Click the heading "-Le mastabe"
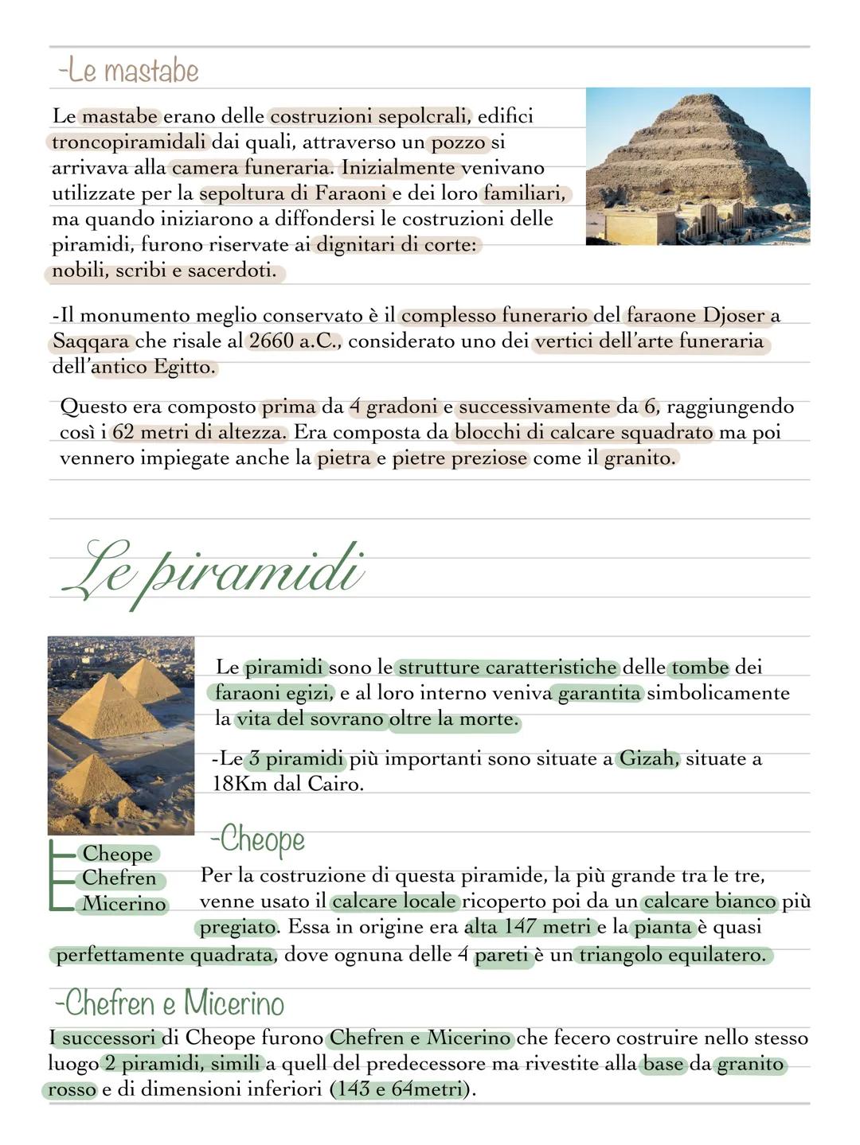[127, 71]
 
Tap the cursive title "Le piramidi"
[213, 572]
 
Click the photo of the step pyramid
[698, 166]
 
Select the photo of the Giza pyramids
[121, 734]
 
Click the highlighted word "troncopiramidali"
[129, 142]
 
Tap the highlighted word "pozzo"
[458, 142]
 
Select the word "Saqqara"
[91, 341]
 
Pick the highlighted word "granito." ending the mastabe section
[640, 458]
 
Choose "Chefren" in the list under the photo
[119, 878]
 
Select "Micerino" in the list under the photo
[124, 904]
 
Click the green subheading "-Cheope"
[257, 839]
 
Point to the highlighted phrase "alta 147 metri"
[527, 927]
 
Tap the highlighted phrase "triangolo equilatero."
[671, 954]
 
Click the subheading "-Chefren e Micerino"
[170, 1003]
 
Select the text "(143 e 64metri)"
[401, 1089]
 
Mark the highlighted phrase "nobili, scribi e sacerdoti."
[164, 271]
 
